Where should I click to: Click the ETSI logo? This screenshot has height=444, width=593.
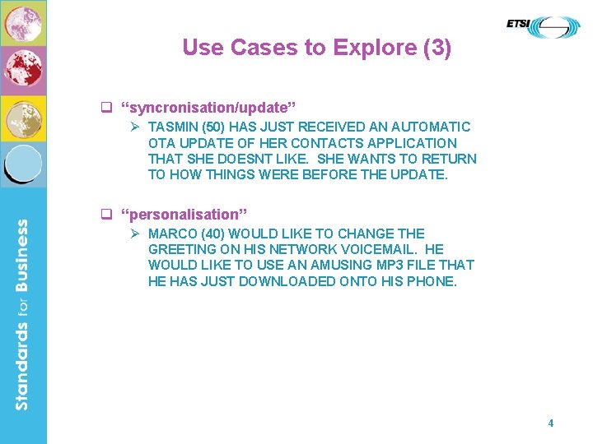543,26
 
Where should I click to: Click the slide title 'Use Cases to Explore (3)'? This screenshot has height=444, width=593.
316,48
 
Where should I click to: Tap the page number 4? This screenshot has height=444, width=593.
550,423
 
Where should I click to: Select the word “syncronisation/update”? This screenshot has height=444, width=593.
208,108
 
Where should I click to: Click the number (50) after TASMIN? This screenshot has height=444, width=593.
214,127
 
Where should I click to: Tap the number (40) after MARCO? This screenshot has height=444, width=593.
212,234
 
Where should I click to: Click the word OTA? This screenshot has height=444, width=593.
162,143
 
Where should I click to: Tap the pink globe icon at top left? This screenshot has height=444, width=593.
23,22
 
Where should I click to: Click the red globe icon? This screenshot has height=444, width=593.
23,69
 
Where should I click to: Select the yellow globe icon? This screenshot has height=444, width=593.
23,118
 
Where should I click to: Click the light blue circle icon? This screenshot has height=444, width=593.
23,162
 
